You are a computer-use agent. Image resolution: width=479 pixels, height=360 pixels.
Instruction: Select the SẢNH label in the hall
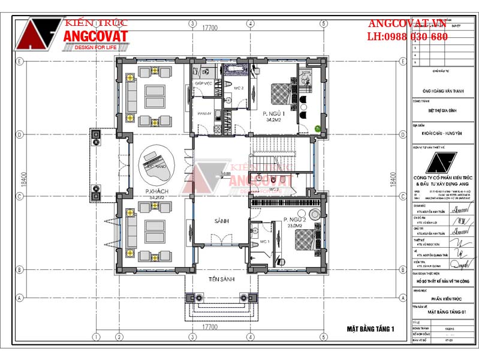point(222,221)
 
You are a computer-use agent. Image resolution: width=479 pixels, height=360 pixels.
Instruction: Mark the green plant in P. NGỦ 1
point(317,127)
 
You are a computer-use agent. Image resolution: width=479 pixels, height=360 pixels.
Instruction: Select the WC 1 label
point(264,241)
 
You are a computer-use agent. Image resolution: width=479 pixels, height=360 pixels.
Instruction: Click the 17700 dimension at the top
point(209,26)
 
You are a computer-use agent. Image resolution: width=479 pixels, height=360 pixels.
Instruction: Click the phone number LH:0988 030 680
point(407,37)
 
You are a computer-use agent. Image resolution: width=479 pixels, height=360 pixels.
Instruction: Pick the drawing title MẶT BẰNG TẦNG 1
point(370,329)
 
